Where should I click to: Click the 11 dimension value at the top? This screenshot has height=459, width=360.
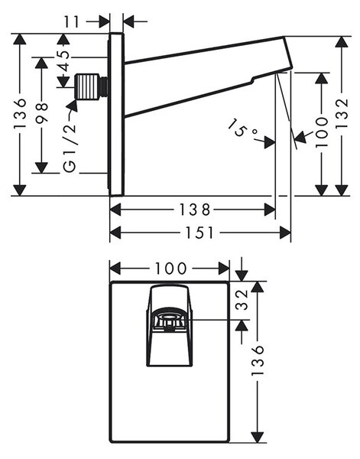pyautogui.click(x=72, y=21)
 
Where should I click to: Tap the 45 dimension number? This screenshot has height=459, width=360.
pyautogui.click(x=64, y=61)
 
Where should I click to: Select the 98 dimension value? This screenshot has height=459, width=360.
pyautogui.click(x=42, y=111)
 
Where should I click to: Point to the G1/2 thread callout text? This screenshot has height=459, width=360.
pyautogui.click(x=70, y=148)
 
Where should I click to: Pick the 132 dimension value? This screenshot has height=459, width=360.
pyautogui.click(x=342, y=113)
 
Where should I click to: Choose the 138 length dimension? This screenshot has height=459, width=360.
pyautogui.click(x=194, y=210)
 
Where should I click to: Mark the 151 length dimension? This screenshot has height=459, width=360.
pyautogui.click(x=199, y=233)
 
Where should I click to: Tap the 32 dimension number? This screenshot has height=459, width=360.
pyautogui.click(x=242, y=300)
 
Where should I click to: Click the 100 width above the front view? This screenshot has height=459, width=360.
pyautogui.click(x=170, y=269)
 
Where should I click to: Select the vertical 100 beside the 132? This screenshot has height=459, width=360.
pyautogui.click(x=321, y=132)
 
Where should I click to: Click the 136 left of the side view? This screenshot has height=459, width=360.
pyautogui.click(x=20, y=113)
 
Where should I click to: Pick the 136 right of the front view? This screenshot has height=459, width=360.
pyautogui.click(x=258, y=360)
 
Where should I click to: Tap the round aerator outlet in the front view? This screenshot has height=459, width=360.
pyautogui.click(x=167, y=317)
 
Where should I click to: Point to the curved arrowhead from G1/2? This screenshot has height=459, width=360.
pyautogui.click(x=73, y=106)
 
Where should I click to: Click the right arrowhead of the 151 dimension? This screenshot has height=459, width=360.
pyautogui.click(x=285, y=233)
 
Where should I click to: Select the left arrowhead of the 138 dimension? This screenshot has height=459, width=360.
pyautogui.click(x=115, y=210)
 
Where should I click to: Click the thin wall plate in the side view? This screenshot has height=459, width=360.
pyautogui.click(x=117, y=114)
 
